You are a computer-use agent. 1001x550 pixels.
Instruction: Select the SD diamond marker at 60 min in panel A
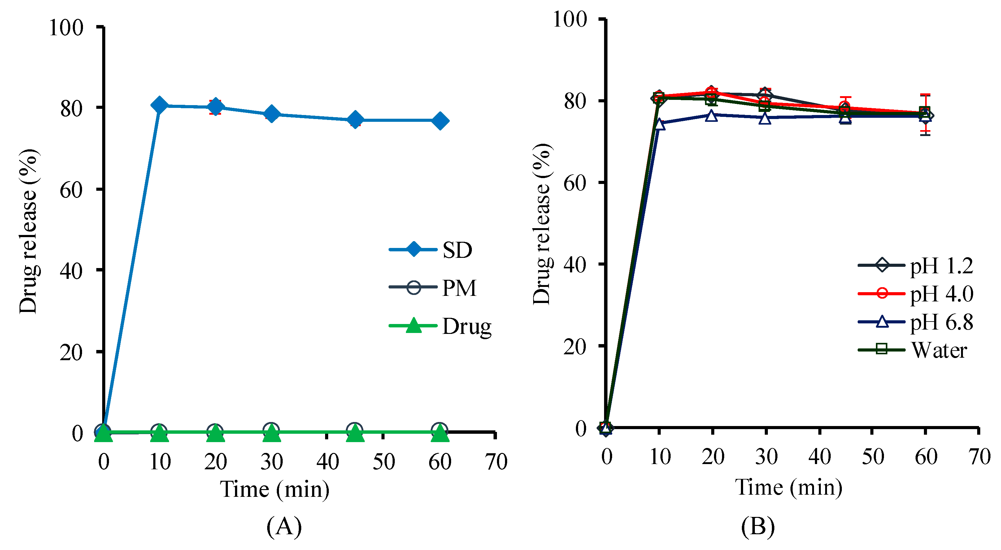(440, 121)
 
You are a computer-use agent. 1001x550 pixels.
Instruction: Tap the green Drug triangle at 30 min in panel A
(271, 433)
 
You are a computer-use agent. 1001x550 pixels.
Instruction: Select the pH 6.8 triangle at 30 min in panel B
(765, 118)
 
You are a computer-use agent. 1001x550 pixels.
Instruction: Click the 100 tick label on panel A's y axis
(66, 28)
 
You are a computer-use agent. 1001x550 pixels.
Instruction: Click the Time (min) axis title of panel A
(275, 489)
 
